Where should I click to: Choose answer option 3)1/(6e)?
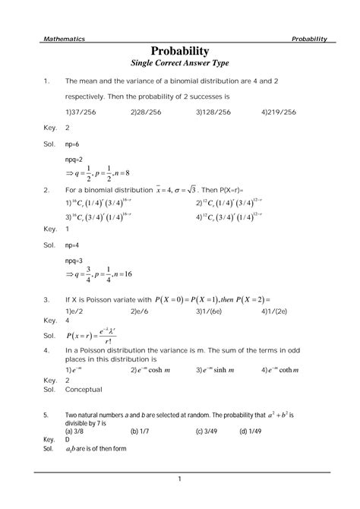(211, 311)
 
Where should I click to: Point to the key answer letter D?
(68, 440)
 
